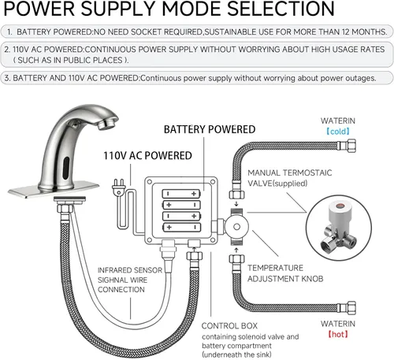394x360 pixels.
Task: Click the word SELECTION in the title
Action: [281, 9]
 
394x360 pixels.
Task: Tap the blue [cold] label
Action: [338, 131]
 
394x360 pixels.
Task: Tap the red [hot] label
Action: [338, 334]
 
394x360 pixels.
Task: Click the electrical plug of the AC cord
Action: [118, 187]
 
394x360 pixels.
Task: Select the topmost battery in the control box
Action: [181, 194]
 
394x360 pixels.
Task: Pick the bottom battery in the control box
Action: [181, 227]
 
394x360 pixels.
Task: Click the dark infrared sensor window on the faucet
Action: [66, 166]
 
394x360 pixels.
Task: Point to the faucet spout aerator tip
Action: [108, 124]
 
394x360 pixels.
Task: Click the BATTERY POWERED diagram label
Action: [210, 129]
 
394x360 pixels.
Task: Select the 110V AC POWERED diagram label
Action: [147, 156]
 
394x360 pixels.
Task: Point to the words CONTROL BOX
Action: [229, 326]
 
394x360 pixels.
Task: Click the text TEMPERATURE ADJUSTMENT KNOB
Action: [285, 273]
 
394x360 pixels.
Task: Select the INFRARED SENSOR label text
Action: [130, 270]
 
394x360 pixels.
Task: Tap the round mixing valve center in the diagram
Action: [236, 227]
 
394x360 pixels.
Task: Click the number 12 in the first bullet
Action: [345, 32]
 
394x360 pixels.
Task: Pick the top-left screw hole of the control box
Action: [150, 182]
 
